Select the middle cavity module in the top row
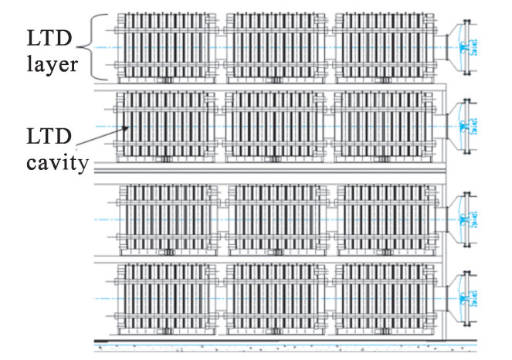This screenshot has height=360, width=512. point(278,46)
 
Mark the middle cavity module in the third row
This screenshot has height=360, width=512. point(278,219)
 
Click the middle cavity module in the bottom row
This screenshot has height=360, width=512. point(278,299)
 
